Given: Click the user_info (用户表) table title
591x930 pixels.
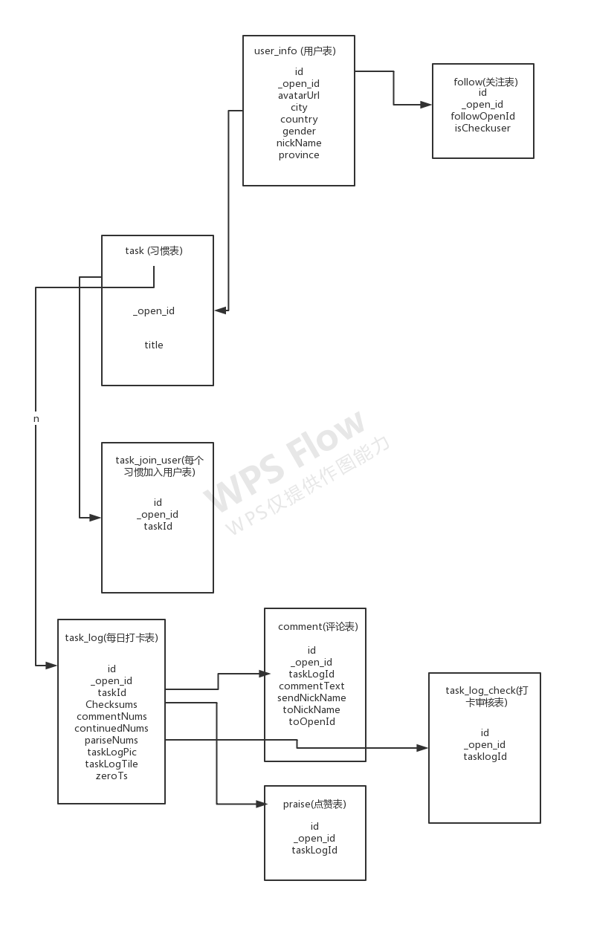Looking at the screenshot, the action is coord(294,51).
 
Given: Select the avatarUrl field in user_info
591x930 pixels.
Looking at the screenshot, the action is coord(299,95).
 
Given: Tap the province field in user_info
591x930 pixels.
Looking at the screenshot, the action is coord(299,155).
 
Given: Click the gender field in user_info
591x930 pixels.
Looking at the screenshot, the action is coord(299,131).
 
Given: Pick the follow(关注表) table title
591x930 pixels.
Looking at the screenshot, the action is coord(485,82).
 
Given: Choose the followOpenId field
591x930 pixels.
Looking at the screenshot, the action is coord(482,116).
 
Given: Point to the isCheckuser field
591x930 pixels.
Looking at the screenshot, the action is coord(482,128).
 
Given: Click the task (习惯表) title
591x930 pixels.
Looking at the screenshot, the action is coord(154,250).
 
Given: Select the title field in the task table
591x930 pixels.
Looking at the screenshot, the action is coord(154,345).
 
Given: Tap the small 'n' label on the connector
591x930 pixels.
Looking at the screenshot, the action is coord(36,419).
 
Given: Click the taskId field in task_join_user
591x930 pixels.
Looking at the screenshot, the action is coord(158,526).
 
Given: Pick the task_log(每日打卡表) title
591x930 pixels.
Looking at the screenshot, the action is coord(111,637).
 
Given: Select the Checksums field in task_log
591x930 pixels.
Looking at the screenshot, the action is coord(111,704).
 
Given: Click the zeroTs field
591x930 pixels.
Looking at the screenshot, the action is coord(111,775).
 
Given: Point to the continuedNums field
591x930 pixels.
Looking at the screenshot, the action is coord(111,728).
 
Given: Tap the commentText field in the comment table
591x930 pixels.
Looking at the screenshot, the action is coord(311,686).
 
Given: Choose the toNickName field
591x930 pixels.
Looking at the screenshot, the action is coord(311,709).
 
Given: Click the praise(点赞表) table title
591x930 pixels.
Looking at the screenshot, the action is coord(314,804).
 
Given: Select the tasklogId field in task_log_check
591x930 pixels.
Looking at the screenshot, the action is coord(485,756).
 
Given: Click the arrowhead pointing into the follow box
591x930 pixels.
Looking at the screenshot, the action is coord(427,105).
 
